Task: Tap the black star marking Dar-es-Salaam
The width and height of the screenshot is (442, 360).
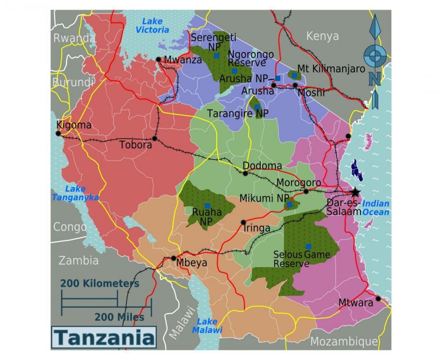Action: point(355,192)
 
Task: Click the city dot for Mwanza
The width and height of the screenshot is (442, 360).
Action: point(158,59)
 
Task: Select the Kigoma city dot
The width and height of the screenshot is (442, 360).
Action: point(58,133)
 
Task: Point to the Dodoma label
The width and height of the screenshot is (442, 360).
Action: point(263,166)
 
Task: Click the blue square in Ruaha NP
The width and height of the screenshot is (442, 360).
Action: point(207,206)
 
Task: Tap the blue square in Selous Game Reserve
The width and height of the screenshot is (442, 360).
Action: point(308,246)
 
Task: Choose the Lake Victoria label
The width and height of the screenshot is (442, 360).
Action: point(152,25)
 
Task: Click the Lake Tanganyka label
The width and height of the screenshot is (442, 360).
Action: point(75,193)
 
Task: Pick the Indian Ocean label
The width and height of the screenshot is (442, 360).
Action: point(376,208)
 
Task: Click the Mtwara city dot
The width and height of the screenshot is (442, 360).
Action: point(378,298)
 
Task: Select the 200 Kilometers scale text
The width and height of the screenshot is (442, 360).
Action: point(100,283)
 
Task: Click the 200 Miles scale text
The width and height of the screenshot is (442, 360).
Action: point(119,317)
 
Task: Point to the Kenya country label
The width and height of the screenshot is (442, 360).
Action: point(322,36)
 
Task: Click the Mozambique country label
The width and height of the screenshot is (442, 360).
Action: point(344,342)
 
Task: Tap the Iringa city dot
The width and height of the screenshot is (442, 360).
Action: point(243,222)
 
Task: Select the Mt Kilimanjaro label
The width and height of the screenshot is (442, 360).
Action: point(331,69)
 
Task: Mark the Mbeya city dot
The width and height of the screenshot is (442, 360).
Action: point(173,258)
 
